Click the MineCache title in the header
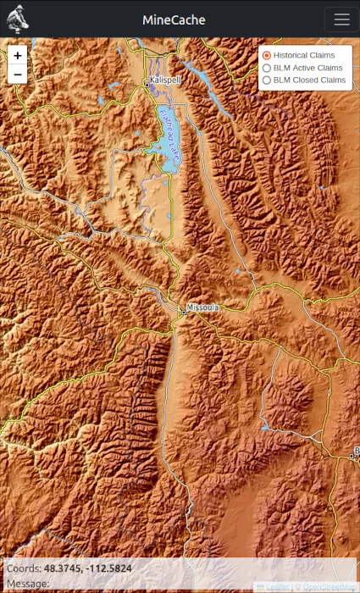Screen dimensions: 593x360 coord(173,19)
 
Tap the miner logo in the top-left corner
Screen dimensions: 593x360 coord(18,19)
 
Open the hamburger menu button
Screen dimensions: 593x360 coord(341,19)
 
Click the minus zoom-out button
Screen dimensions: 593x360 coord(18,75)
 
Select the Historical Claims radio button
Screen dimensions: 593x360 coord(267,55)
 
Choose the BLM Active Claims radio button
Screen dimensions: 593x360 coord(267,68)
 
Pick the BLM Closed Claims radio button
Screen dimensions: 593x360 coord(267,80)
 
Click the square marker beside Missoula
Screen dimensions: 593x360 coord(182,312)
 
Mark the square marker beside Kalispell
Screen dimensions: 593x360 coord(147,81)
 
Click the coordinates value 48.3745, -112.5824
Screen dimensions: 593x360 coord(87,568)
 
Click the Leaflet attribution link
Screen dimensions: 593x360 coord(276,586)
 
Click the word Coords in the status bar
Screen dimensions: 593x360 coord(23,568)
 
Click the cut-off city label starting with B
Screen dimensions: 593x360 coord(357,450)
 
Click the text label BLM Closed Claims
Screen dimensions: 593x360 coord(309,80)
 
